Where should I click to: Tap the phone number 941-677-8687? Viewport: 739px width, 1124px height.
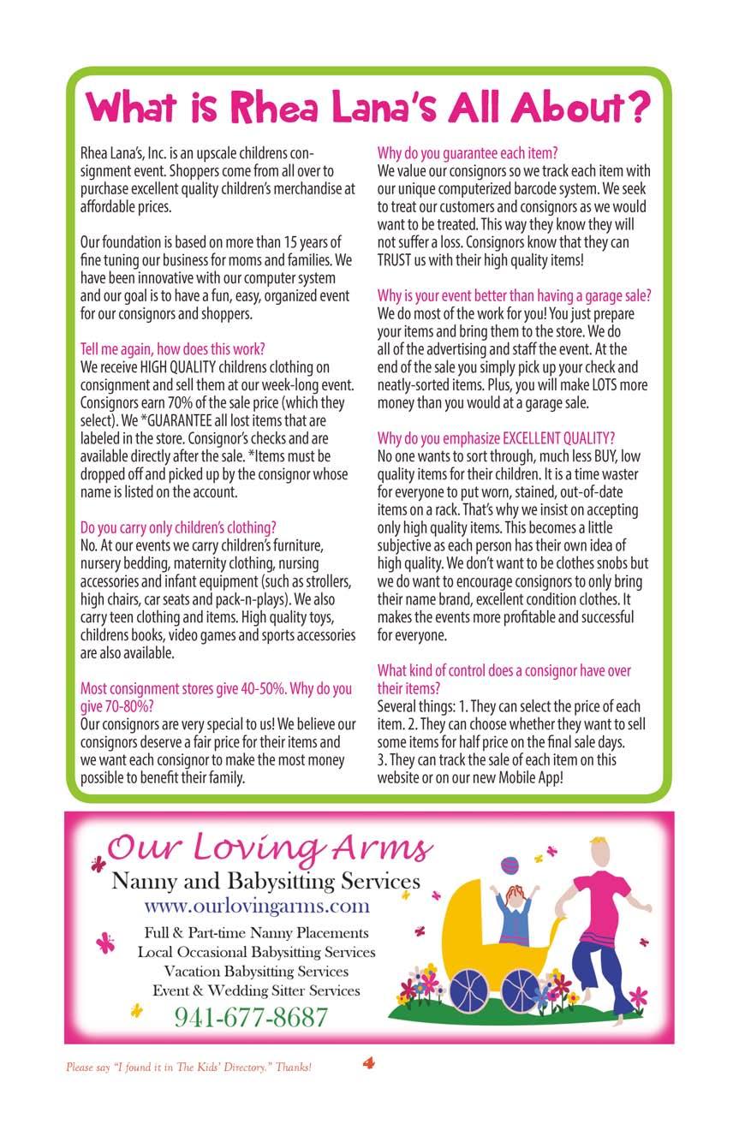[251, 1017]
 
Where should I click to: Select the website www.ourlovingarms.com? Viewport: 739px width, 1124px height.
[257, 905]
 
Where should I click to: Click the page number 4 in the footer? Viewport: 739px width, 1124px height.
[369, 1064]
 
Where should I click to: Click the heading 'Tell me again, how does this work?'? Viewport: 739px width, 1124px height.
[172, 349]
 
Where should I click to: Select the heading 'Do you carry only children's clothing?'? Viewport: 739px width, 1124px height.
[178, 527]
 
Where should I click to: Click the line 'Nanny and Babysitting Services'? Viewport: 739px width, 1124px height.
[265, 881]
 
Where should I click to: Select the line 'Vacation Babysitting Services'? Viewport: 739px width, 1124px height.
[256, 972]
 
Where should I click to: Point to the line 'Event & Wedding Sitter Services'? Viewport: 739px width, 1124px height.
[256, 991]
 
